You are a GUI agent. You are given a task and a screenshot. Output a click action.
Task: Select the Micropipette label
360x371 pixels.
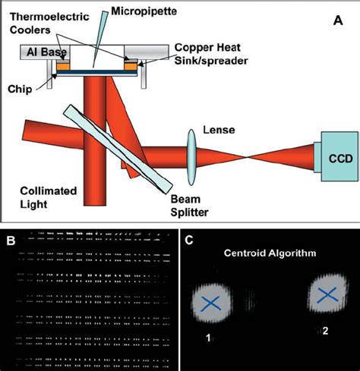pos(136,11)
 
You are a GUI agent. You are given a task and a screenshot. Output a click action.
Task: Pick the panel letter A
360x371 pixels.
pos(337,21)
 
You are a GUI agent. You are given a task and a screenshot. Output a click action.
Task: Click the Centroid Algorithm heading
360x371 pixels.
pos(265,252)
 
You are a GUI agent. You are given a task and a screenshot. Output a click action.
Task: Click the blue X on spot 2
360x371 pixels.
pos(329,296)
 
